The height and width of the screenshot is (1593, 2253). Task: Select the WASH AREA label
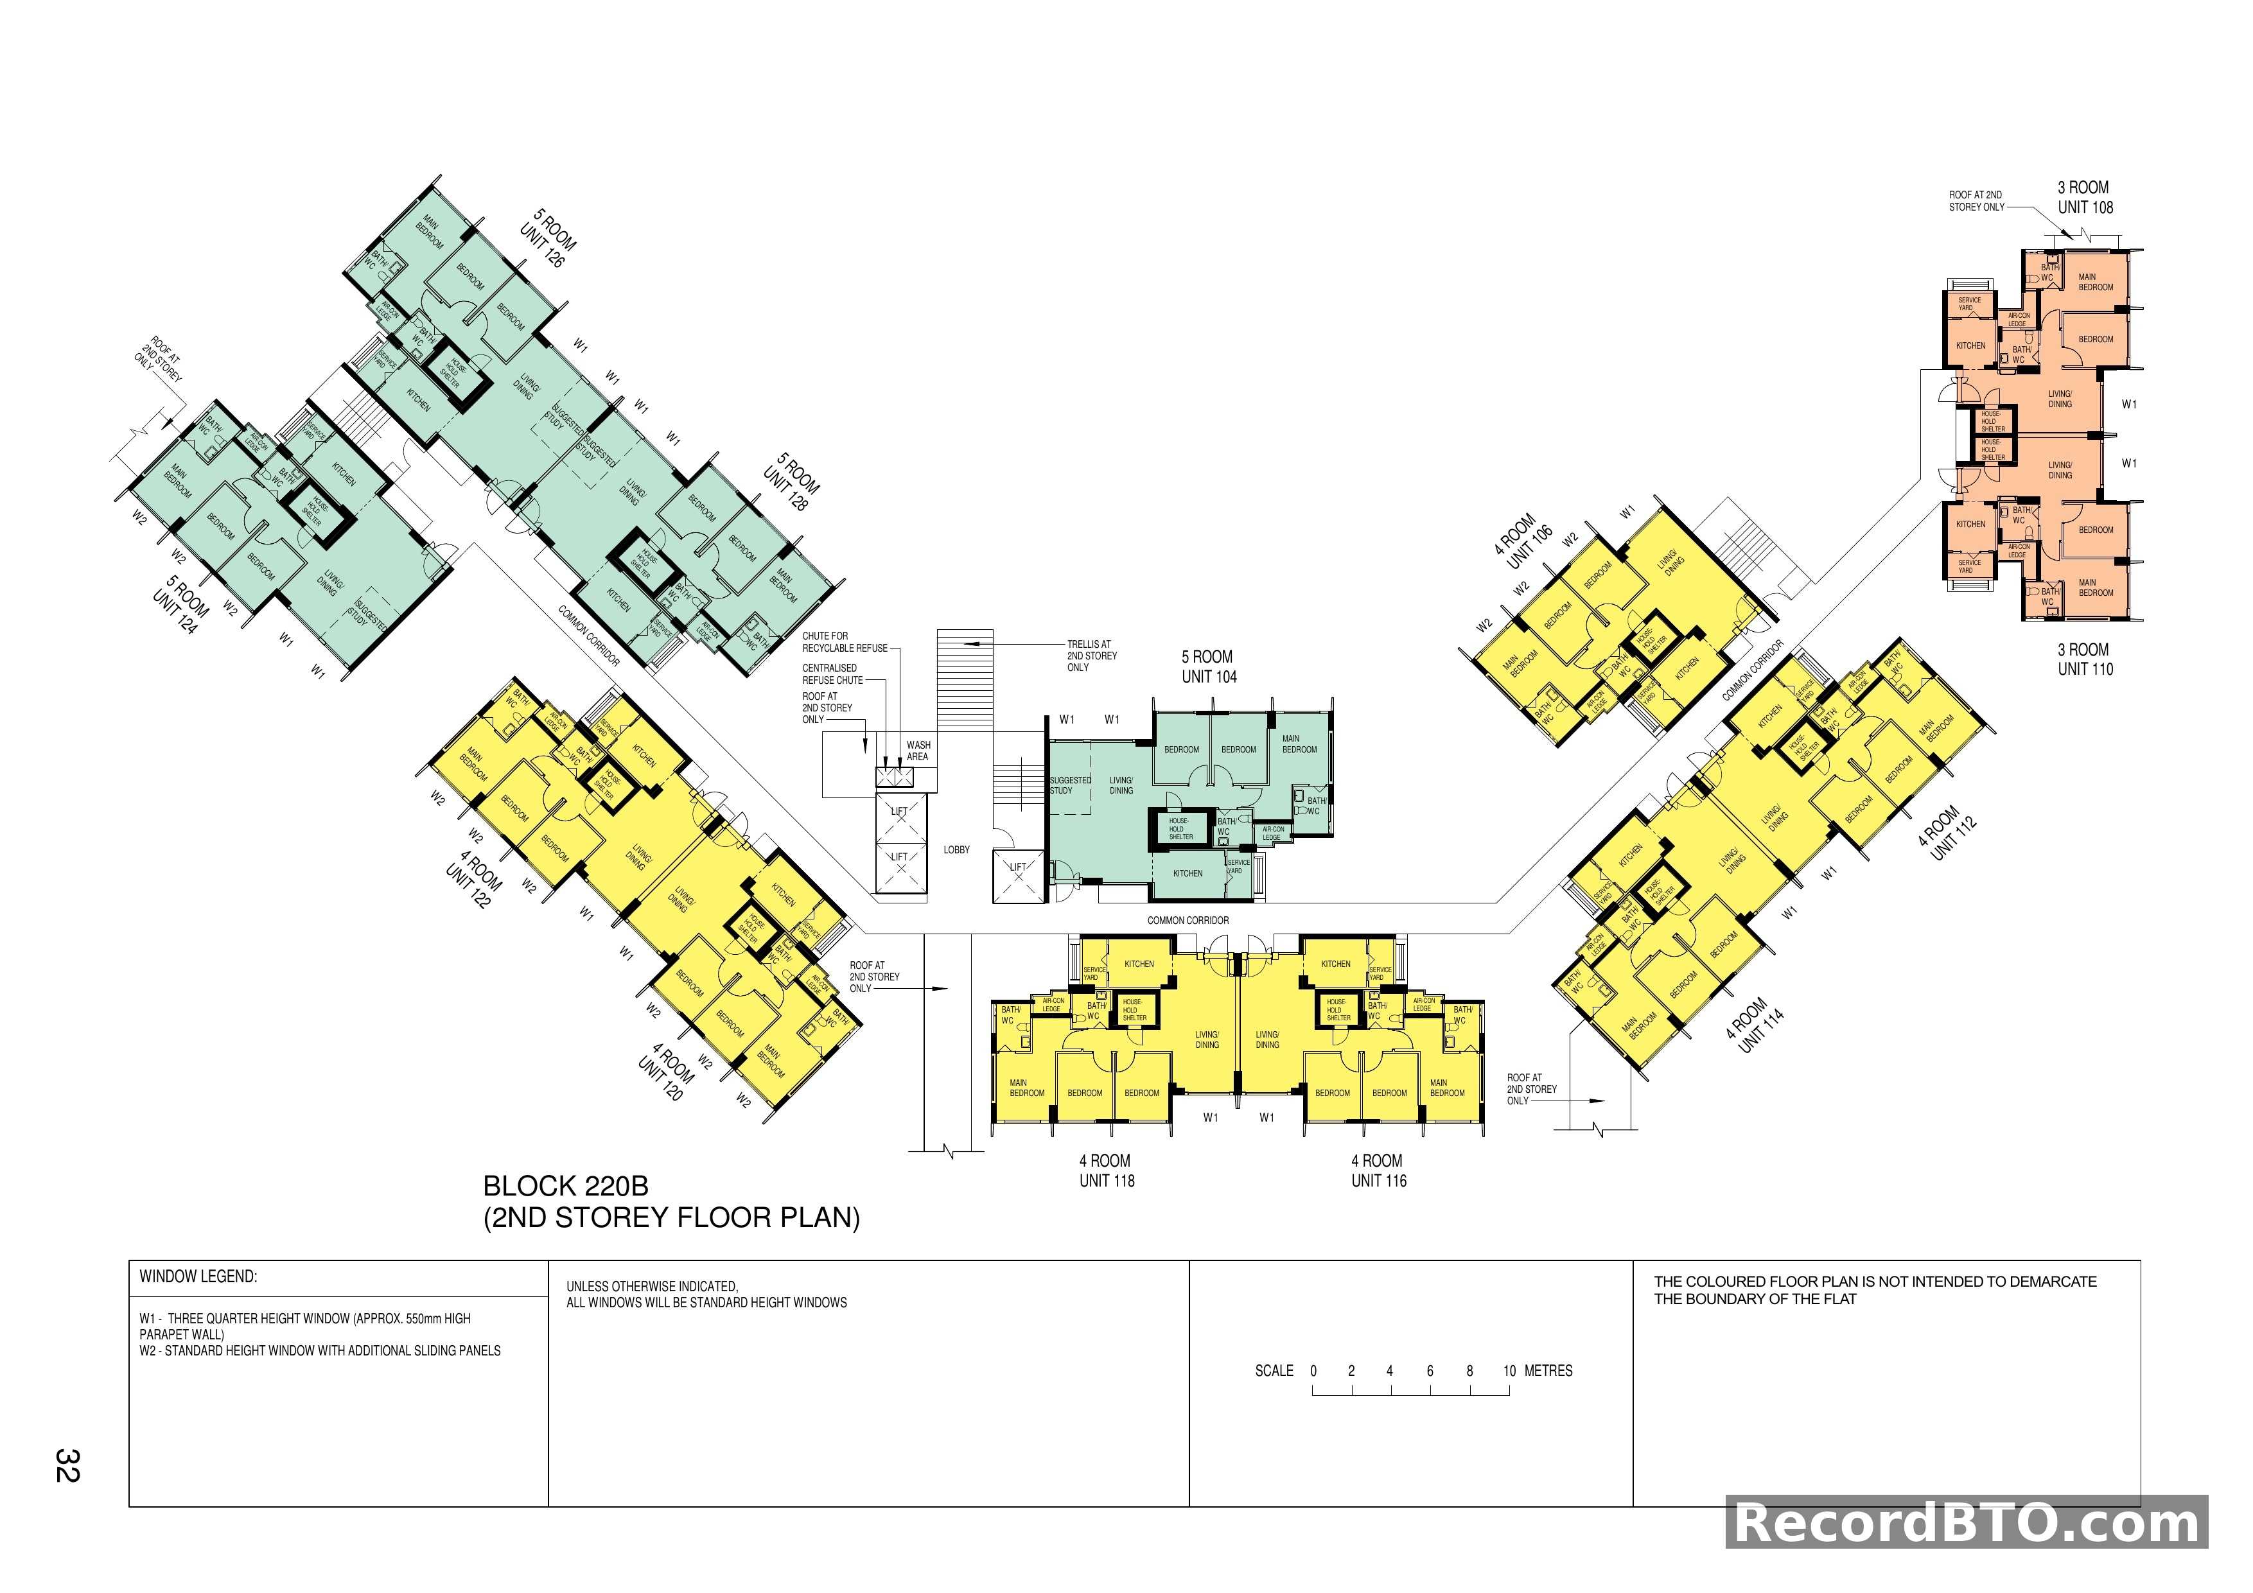pyautogui.click(x=918, y=751)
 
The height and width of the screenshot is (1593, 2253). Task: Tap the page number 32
pyautogui.click(x=67, y=1465)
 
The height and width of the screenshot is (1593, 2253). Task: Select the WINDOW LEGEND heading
pyautogui.click(x=198, y=1277)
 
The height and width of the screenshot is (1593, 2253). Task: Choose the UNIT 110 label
pyautogui.click(x=2085, y=670)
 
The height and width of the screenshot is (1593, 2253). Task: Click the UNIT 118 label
pyautogui.click(x=1107, y=1181)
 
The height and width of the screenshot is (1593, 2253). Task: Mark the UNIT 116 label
pyautogui.click(x=1379, y=1181)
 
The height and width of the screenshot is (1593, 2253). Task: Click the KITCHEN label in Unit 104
pyautogui.click(x=1188, y=873)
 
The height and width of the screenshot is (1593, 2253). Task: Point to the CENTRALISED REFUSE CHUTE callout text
pyautogui.click(x=832, y=674)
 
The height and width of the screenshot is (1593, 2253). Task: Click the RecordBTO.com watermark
pyautogui.click(x=1967, y=1524)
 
